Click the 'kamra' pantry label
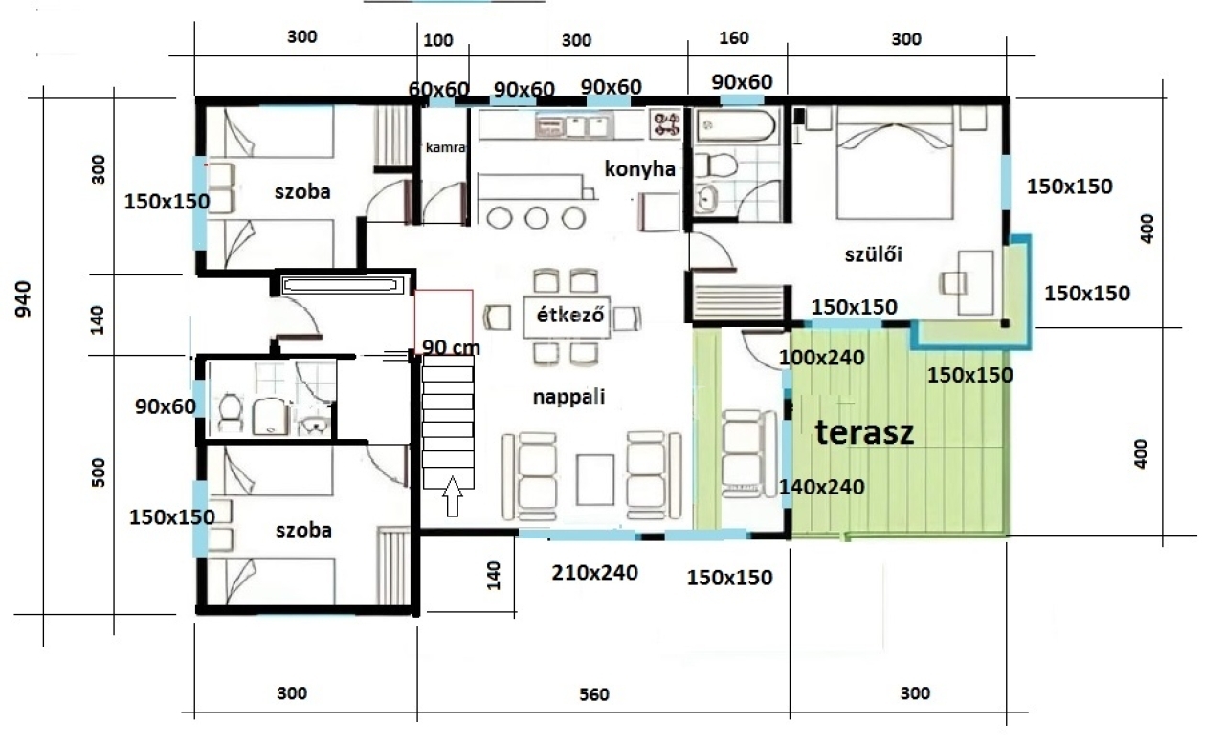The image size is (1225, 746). point(445,147)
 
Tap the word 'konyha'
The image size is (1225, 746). point(640,169)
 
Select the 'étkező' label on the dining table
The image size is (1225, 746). point(570,316)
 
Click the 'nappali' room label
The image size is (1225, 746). point(568,397)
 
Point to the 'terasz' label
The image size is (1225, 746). point(864,432)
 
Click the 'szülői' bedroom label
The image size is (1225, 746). point(874,254)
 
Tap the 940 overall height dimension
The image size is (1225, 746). point(23,299)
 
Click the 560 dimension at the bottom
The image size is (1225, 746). point(594,694)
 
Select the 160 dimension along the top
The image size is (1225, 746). point(734,38)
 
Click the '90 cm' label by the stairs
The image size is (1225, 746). point(451,347)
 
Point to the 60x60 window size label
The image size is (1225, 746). point(438,89)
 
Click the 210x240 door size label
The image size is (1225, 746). point(595,573)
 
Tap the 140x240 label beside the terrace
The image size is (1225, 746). point(821,487)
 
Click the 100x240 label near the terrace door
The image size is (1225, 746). point(821,358)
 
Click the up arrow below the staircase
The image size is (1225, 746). point(453,496)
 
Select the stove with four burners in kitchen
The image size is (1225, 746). point(666,123)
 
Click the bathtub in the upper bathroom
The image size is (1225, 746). point(736,125)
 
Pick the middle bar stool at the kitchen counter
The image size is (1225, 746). point(537,218)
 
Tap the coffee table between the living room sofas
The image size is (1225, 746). point(595,480)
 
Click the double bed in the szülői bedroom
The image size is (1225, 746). point(895,163)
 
